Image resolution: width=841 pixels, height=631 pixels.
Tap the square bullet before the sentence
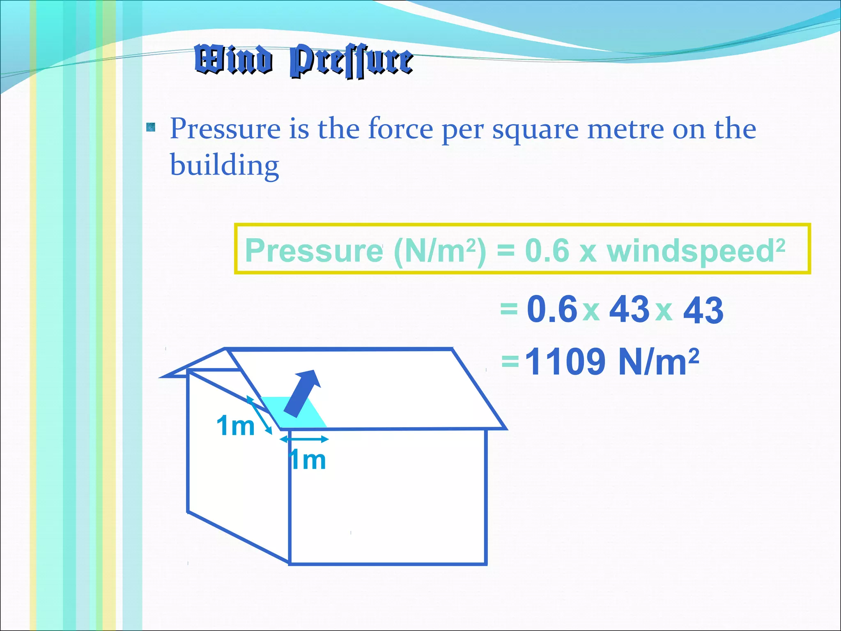151,127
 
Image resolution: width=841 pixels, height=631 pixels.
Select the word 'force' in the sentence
400,129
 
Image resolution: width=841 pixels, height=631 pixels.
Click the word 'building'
225,165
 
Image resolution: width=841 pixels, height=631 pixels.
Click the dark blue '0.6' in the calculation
552,309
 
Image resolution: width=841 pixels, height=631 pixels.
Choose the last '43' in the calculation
703,310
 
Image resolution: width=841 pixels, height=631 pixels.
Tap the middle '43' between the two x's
629,309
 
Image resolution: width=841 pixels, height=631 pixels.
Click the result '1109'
565,362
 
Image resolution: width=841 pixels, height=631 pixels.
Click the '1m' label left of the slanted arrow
236,426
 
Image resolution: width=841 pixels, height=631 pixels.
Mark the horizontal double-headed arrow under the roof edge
304,439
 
